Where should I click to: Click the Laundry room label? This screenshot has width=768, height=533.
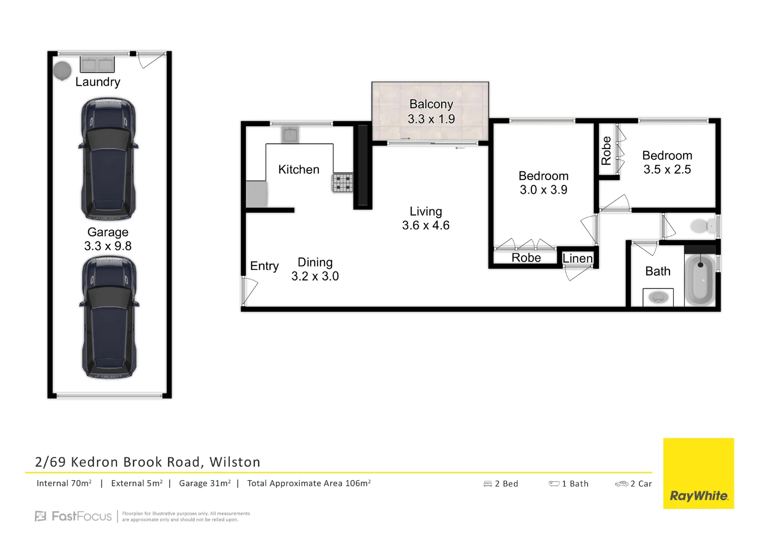[x=98, y=82]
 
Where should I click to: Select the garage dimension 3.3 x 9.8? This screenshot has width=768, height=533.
[x=108, y=246]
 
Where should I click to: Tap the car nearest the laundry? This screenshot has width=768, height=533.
[x=108, y=159]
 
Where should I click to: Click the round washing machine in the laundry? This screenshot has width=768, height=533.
[x=63, y=71]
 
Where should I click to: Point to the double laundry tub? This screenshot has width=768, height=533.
[x=97, y=64]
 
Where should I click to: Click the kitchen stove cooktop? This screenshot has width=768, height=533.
[x=343, y=182]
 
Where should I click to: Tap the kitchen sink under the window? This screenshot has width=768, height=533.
[x=290, y=134]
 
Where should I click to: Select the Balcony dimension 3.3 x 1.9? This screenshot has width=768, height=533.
[x=431, y=119]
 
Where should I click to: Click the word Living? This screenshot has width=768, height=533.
[x=425, y=211]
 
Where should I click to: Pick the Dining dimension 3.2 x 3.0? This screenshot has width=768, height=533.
[x=315, y=276]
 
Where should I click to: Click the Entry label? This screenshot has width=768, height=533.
[x=264, y=266]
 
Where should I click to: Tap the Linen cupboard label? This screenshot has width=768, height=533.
[x=577, y=258]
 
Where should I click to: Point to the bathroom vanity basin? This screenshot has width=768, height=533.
[x=658, y=297]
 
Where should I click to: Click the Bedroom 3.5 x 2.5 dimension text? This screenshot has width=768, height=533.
[x=667, y=169]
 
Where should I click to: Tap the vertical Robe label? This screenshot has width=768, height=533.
[x=606, y=151]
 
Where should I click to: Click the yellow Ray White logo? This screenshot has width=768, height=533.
[x=698, y=473]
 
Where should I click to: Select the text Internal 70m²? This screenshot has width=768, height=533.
[x=64, y=483]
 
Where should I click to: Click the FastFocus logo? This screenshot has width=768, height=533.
[x=74, y=516]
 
